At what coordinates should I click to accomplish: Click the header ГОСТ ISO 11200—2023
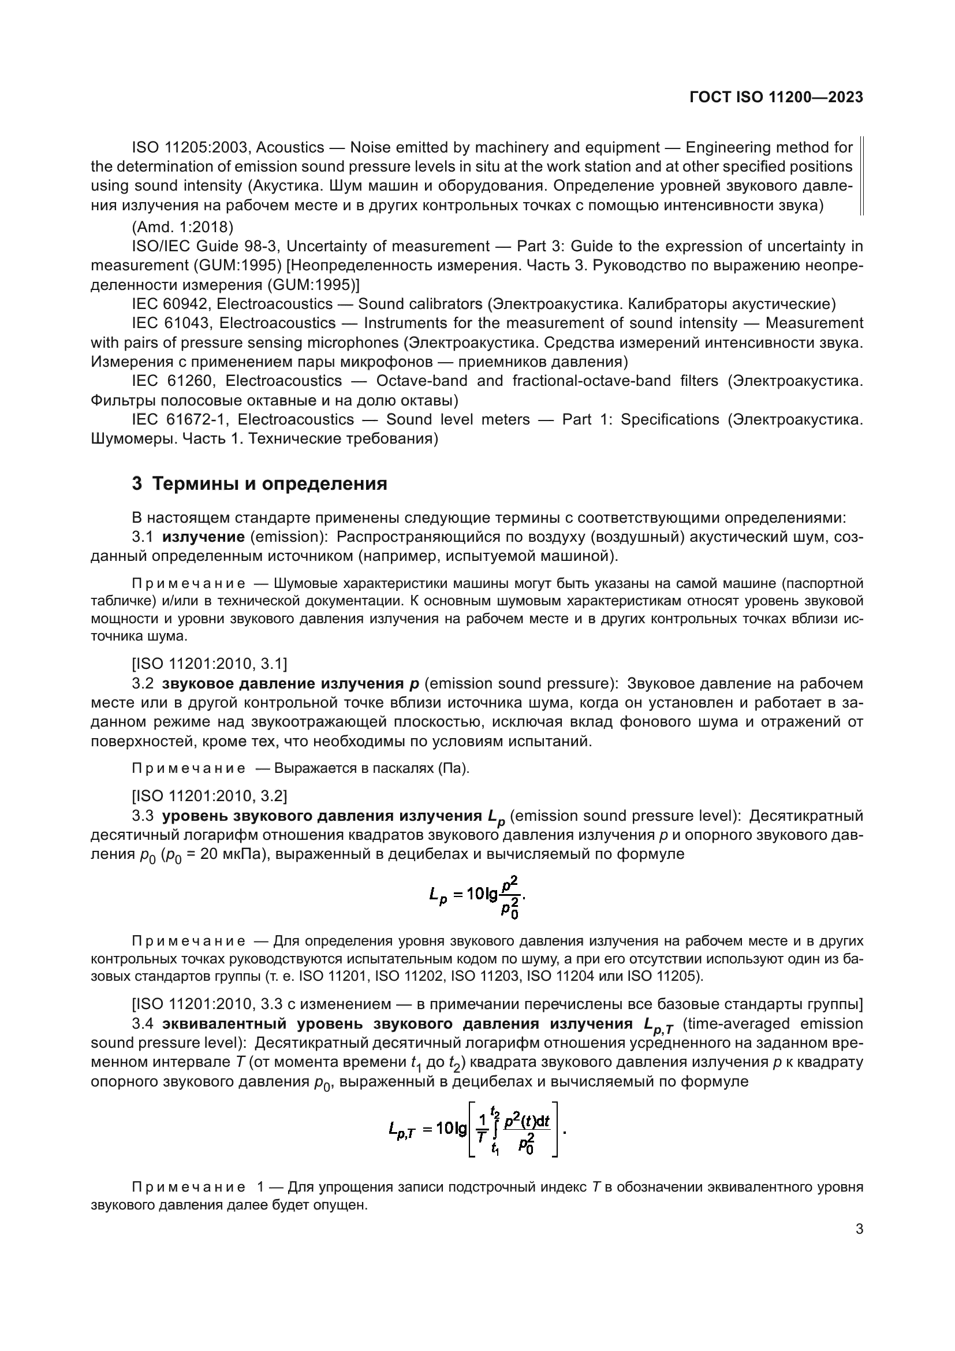(775, 98)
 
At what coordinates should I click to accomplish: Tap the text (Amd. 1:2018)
(183, 226)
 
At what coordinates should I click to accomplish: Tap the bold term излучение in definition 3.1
(203, 537)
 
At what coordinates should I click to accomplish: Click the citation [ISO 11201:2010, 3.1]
(210, 664)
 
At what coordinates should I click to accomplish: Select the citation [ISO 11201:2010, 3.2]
(210, 796)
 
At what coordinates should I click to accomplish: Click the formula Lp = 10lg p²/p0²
(477, 896)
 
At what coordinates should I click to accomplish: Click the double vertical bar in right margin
(862, 176)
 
